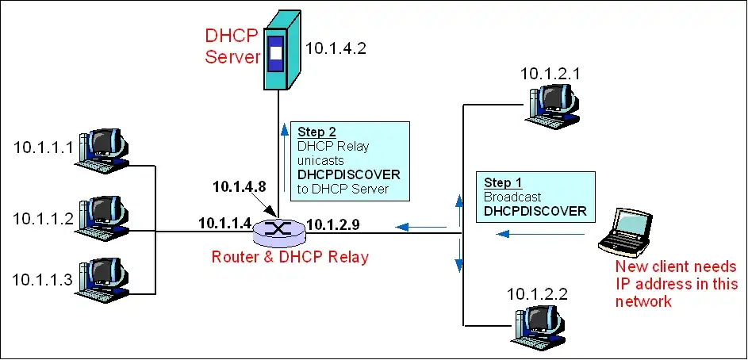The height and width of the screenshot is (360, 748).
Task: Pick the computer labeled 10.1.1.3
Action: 101,280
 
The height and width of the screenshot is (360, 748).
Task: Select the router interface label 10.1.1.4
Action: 224,224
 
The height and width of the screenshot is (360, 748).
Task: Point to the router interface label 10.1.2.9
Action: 333,224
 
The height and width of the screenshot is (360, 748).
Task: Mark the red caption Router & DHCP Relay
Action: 290,257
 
